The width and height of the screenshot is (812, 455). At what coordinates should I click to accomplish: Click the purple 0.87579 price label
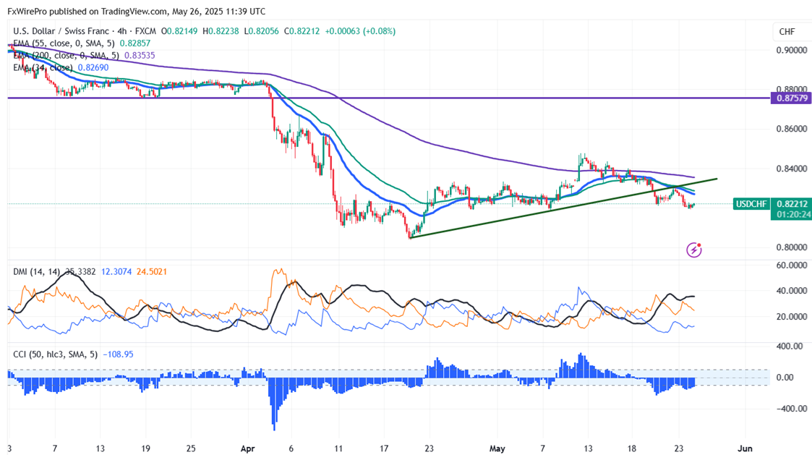(790, 98)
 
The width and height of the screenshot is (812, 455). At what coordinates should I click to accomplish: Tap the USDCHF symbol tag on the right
(751, 204)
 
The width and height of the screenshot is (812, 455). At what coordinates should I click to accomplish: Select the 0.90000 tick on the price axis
(791, 51)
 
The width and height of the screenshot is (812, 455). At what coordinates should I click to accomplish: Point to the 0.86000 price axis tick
(791, 129)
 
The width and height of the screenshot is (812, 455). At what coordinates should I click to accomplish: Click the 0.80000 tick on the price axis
(791, 247)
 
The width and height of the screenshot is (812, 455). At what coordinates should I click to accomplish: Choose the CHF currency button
(786, 32)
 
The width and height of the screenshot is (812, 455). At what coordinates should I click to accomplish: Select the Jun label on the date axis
(745, 448)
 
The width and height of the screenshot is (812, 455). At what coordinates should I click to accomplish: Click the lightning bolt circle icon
(694, 250)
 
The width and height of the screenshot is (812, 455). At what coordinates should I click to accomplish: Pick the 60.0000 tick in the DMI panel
(791, 265)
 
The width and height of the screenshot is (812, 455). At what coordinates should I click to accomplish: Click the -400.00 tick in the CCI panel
(790, 409)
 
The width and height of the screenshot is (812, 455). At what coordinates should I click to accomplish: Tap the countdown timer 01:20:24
(790, 214)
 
